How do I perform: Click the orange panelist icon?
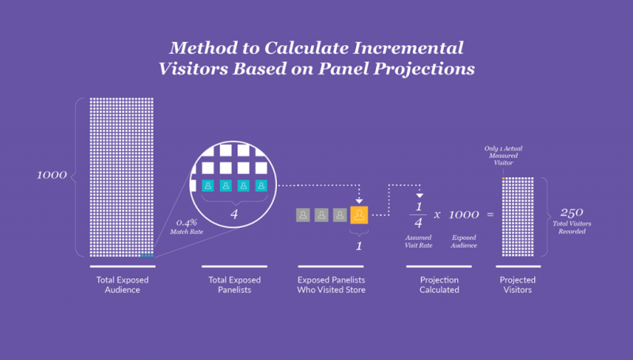coord(359,215)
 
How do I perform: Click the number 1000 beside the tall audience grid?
coord(51,175)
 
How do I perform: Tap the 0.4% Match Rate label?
coord(187,227)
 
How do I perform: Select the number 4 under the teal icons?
coord(234,214)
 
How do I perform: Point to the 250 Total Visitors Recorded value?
coord(571,221)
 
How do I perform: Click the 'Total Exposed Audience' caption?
coord(123,285)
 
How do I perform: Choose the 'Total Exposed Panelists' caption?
coord(234,285)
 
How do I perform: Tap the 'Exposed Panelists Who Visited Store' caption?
coord(331,285)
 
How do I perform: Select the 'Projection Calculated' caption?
coord(439,285)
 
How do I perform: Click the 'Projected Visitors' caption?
coord(517,285)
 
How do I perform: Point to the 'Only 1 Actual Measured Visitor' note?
coord(503,156)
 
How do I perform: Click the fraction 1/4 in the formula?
coord(419,214)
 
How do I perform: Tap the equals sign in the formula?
coord(490,214)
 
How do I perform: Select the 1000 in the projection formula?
coord(464,214)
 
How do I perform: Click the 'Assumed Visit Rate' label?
coord(419,241)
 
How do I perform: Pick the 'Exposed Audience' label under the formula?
coord(464,241)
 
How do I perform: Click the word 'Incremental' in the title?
coord(408,48)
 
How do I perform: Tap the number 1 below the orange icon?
coord(359,246)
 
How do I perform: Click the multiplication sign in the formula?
coord(438,214)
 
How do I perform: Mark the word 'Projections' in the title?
coord(424,69)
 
